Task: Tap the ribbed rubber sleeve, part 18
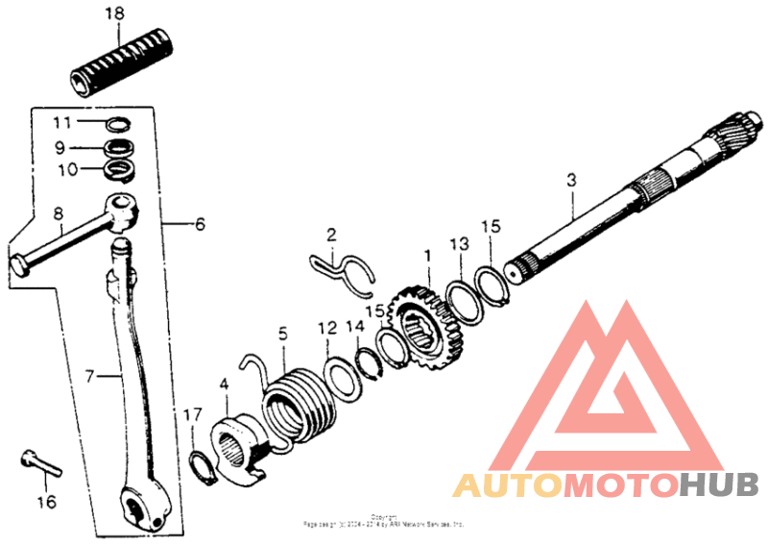[x=124, y=62]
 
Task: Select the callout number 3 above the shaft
[x=571, y=180]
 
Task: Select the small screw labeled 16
[x=39, y=463]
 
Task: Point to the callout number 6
[x=200, y=224]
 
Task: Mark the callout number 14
[x=355, y=327]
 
